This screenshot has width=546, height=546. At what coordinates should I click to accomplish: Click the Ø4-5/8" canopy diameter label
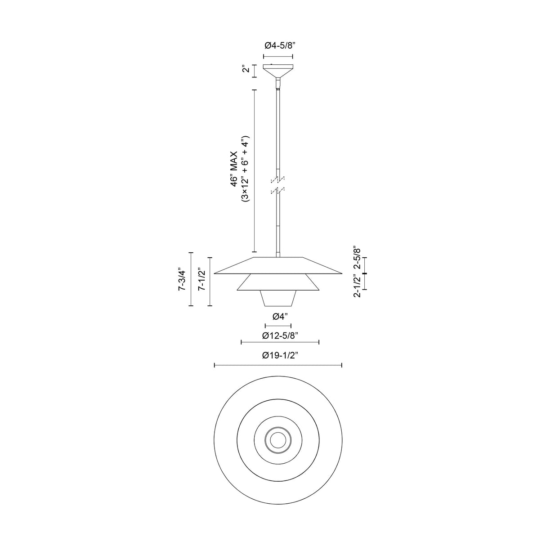tap(278, 45)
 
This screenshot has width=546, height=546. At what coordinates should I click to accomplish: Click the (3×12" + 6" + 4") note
tap(245, 169)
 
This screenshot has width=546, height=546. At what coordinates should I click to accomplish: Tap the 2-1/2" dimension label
tap(357, 286)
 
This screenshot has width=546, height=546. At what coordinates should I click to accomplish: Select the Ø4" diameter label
tap(281, 317)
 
